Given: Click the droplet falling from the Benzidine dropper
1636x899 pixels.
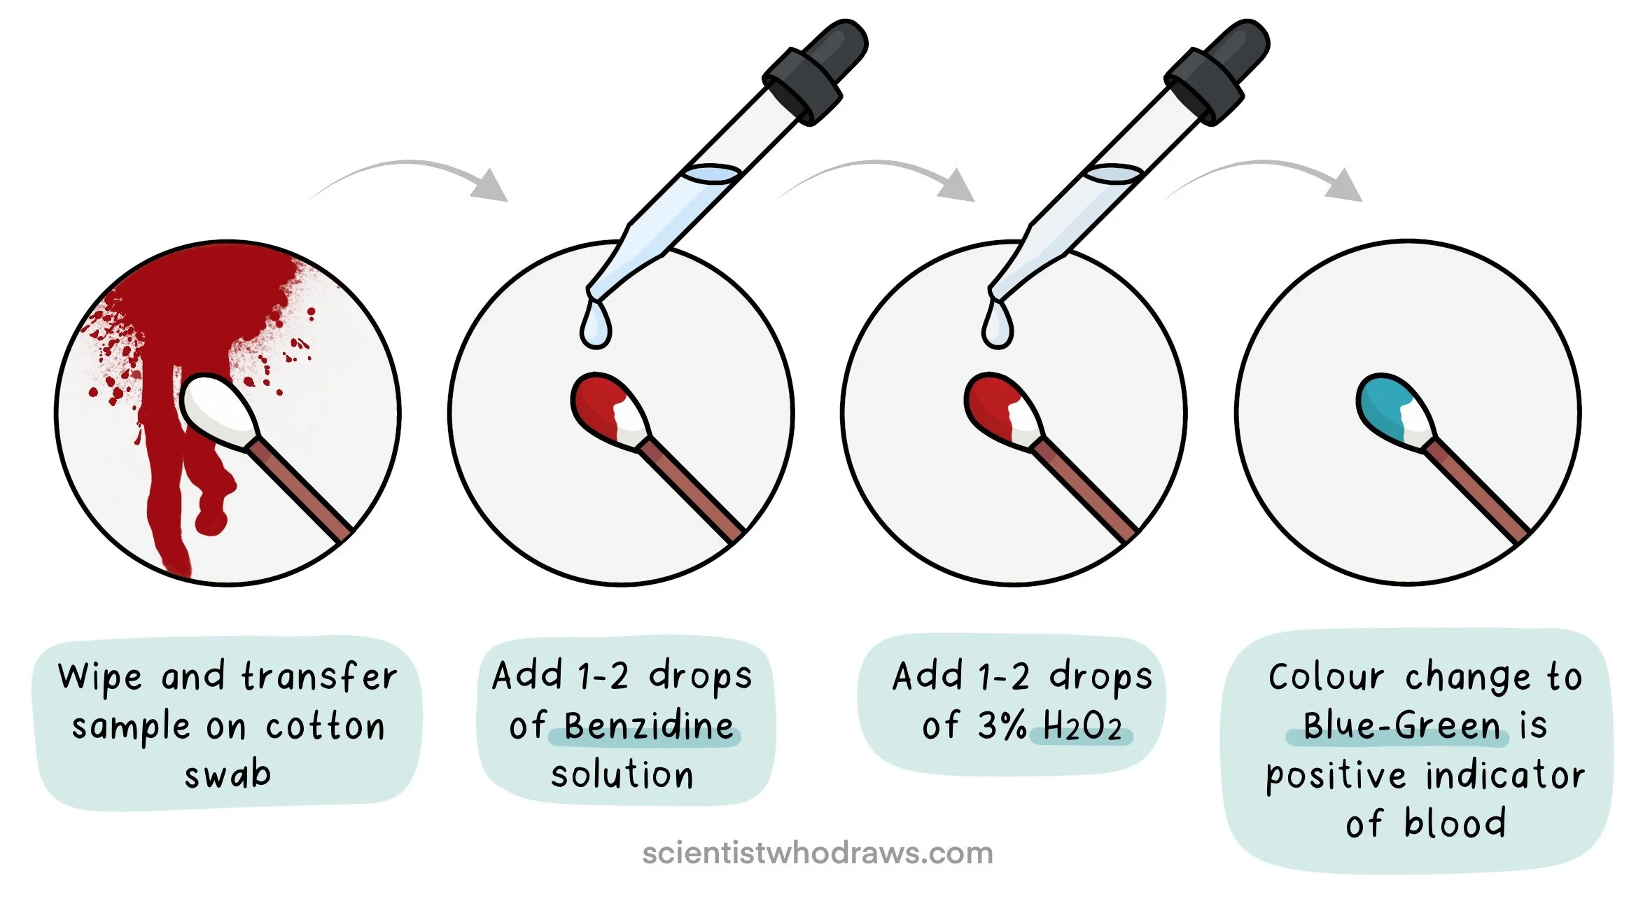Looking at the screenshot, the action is click(595, 323).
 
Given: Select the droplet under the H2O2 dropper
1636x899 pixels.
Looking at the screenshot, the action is click(997, 323).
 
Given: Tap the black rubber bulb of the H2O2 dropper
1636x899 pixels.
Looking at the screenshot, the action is click(1218, 70).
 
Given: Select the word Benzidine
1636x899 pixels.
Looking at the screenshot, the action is click(649, 726).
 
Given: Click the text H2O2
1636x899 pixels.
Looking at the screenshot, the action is click(1082, 727).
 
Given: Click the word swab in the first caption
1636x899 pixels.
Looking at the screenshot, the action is click(228, 774).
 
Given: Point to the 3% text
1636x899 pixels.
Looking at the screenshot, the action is click(1002, 725).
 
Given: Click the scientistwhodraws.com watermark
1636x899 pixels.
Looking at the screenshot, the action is click(818, 853).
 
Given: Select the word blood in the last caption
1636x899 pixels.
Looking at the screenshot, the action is click(1455, 823).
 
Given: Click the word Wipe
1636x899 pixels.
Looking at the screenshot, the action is click(100, 678).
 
